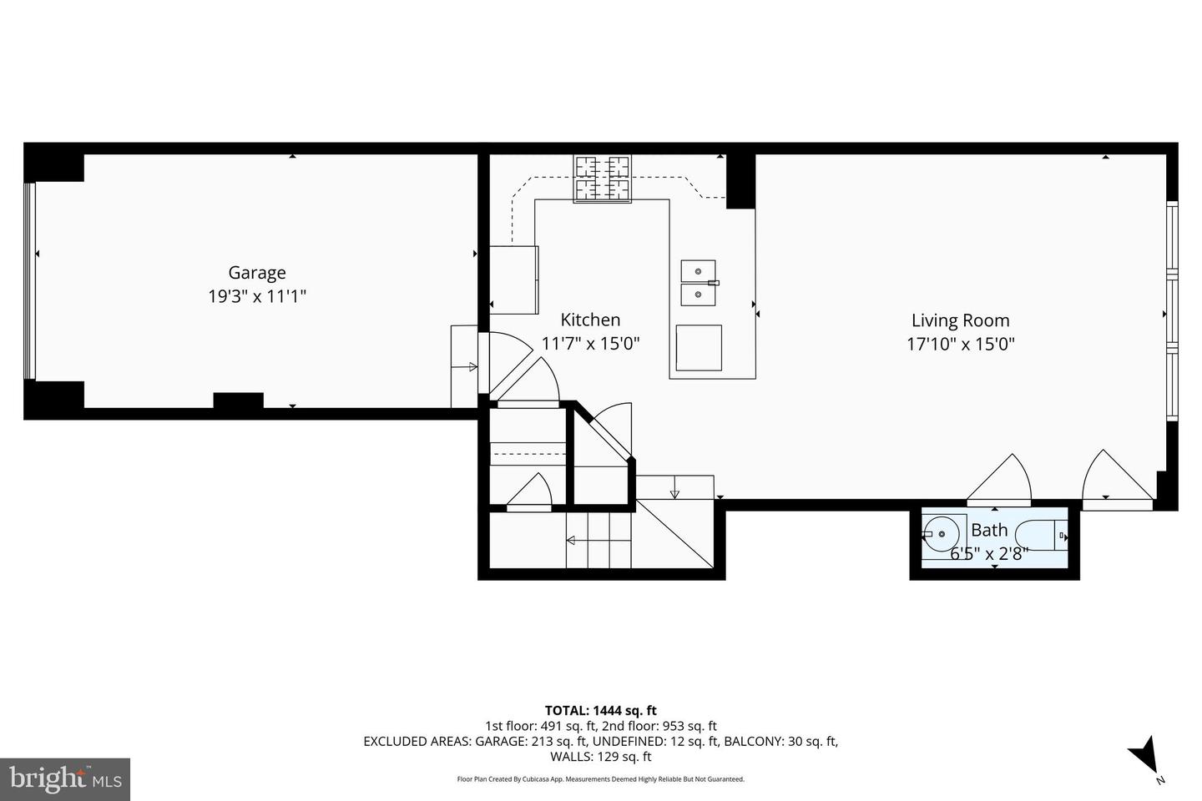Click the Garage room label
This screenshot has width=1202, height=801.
[x=257, y=273]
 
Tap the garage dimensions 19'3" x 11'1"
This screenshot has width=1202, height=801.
[x=257, y=296]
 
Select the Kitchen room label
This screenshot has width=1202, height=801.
[x=590, y=320]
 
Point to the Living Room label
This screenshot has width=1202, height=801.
[x=960, y=320]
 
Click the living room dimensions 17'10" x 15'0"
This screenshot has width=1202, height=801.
[x=960, y=344]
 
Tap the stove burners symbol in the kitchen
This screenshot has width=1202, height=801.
[x=602, y=179]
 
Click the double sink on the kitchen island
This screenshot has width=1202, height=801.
[x=698, y=283]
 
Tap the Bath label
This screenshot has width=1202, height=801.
[x=989, y=530]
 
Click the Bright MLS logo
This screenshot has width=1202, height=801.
[x=64, y=779]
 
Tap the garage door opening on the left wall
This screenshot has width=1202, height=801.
[x=30, y=281]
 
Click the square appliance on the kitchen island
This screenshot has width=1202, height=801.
[x=698, y=347]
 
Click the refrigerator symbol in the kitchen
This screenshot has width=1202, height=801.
[x=513, y=280]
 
